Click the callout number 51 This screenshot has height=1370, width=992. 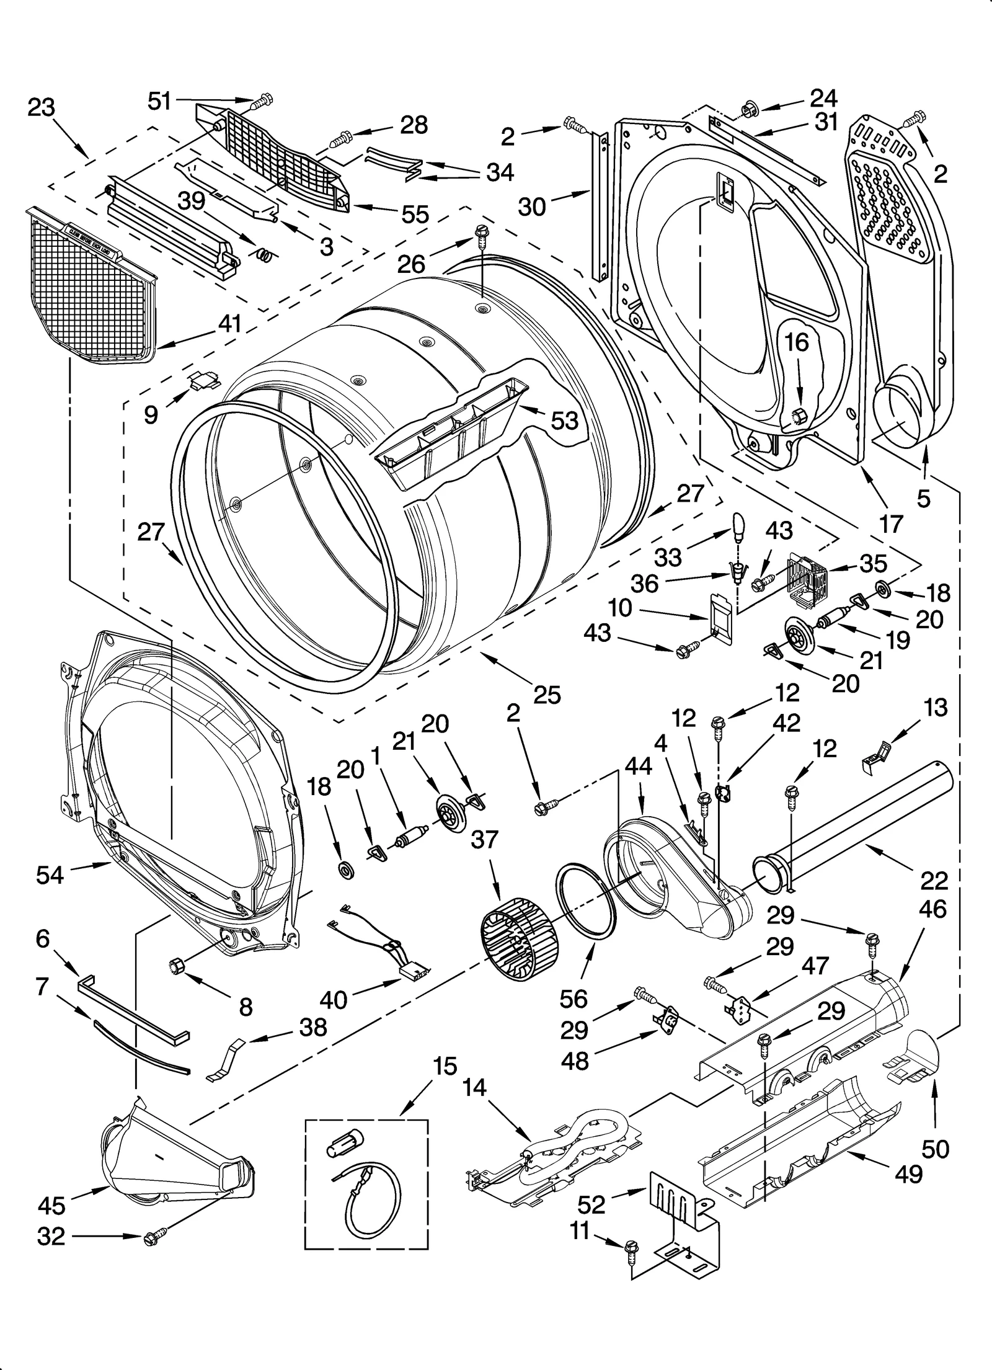[x=159, y=101]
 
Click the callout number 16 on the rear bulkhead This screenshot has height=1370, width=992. [x=798, y=342]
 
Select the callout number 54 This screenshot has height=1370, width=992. [x=50, y=875]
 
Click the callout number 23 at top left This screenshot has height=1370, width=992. [x=41, y=107]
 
